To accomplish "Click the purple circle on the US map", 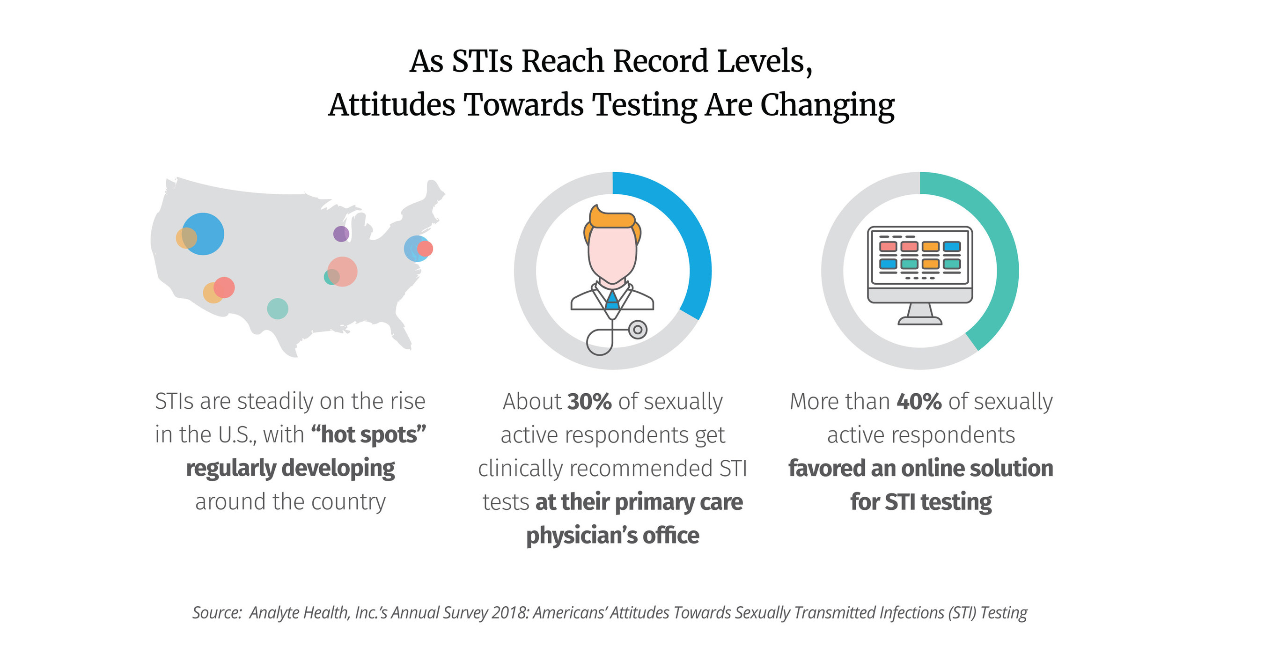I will pyautogui.click(x=341, y=234).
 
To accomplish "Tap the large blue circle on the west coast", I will pyautogui.click(x=204, y=234).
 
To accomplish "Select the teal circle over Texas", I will pyautogui.click(x=277, y=309).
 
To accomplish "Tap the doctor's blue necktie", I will pyautogui.click(x=612, y=300).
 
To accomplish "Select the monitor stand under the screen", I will pyautogui.click(x=920, y=314).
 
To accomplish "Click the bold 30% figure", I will pyautogui.click(x=589, y=401).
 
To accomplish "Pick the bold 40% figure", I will pyautogui.click(x=919, y=401).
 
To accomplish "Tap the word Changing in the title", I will pyautogui.click(x=827, y=105).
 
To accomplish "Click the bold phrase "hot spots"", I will pyautogui.click(x=368, y=435).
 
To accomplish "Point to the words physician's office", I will pyautogui.click(x=612, y=535).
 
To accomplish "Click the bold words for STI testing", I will pyautogui.click(x=920, y=501).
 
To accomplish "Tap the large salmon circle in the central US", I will pyautogui.click(x=343, y=271).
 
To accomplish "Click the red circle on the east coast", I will pyautogui.click(x=425, y=249).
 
